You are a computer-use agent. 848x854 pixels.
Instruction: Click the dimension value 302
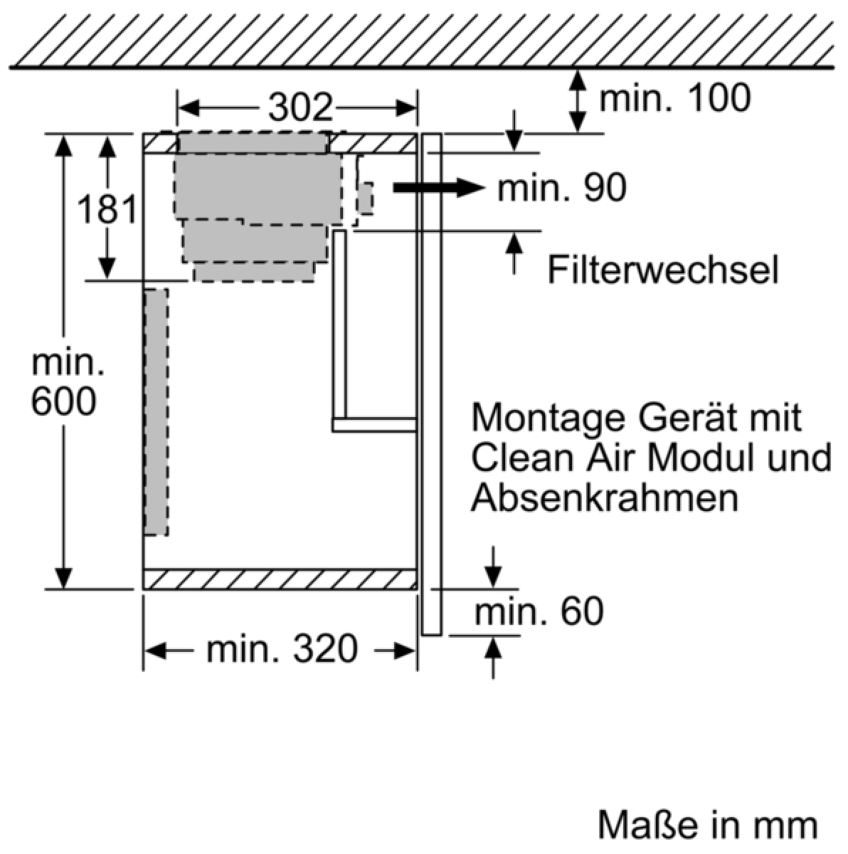tap(300, 107)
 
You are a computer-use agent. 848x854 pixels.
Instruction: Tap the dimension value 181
tap(107, 210)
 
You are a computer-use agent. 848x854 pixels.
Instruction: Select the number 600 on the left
tap(64, 402)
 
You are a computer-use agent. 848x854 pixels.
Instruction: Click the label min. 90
tap(562, 188)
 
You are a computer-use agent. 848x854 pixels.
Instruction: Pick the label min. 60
tap(539, 611)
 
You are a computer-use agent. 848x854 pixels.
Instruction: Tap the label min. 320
tap(282, 649)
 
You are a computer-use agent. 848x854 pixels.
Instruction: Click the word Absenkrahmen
tap(604, 498)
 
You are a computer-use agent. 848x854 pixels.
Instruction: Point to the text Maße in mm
tap(707, 826)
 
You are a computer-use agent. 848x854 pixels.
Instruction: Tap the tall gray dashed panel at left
tap(157, 411)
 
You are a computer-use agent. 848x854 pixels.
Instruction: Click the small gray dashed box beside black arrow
tap(366, 198)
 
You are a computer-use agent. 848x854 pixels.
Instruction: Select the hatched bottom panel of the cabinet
tap(280, 579)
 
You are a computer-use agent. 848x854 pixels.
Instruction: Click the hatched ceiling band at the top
tap(424, 33)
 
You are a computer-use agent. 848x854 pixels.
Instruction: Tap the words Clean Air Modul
tap(612, 458)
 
